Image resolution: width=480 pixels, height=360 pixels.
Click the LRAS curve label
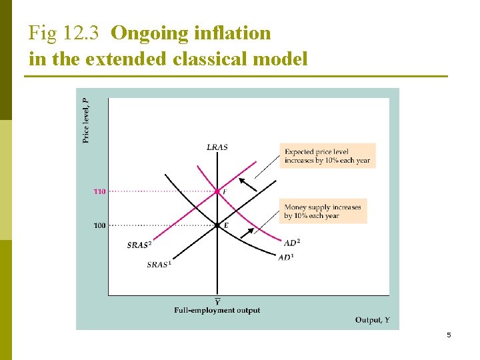coord(217,147)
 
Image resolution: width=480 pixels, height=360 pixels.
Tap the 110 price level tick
coord(99,192)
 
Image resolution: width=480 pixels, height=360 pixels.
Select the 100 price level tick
coord(99,225)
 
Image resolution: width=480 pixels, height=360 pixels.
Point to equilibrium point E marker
coord(217,225)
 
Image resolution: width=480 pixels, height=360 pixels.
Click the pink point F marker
coord(217,192)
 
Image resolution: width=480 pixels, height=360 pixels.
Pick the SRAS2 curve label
coord(138,245)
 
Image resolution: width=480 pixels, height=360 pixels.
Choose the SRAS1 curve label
coord(159,264)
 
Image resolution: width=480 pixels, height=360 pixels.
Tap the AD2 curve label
coord(292,242)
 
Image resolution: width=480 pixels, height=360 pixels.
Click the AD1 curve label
coord(286,257)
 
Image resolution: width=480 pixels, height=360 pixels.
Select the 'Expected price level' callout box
coord(327,156)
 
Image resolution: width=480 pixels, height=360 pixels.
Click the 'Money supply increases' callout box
coord(323,211)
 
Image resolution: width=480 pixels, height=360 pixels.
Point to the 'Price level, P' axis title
coord(86,120)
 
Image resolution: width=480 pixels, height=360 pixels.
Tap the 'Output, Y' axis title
coord(373,320)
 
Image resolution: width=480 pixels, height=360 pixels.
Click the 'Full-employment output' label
coord(217,310)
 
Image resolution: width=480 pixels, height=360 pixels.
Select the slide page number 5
coord(449,335)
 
